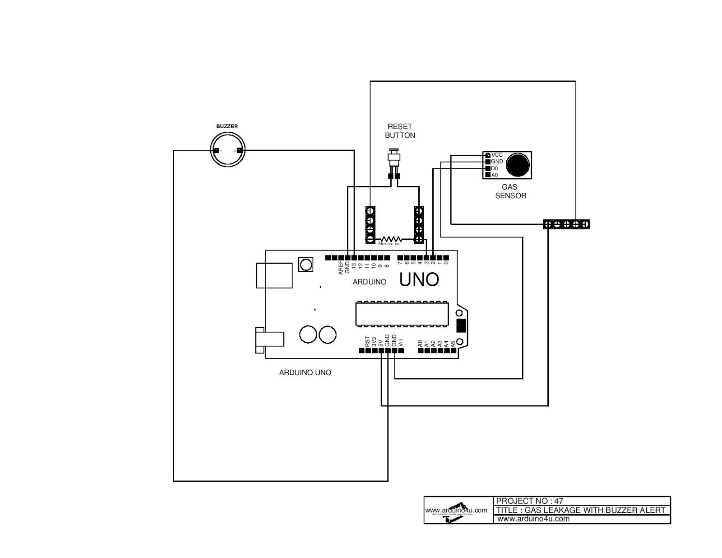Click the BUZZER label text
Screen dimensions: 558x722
pos(227,126)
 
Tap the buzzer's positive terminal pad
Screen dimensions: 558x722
pos(239,150)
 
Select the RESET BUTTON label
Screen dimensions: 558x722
pos(400,131)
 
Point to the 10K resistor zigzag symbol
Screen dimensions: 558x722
pos(391,239)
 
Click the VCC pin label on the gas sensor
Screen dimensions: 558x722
pos(497,155)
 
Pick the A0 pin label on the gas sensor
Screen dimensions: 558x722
pos(495,175)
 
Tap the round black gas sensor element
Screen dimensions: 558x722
pos(518,165)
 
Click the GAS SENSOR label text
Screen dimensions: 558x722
pos(510,191)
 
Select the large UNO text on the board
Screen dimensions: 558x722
pos(419,280)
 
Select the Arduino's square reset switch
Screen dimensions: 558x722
pos(305,264)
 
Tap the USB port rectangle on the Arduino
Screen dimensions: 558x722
pos(274,275)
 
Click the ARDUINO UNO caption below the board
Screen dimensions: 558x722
pos(305,372)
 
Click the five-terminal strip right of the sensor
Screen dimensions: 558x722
pos(566,224)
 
